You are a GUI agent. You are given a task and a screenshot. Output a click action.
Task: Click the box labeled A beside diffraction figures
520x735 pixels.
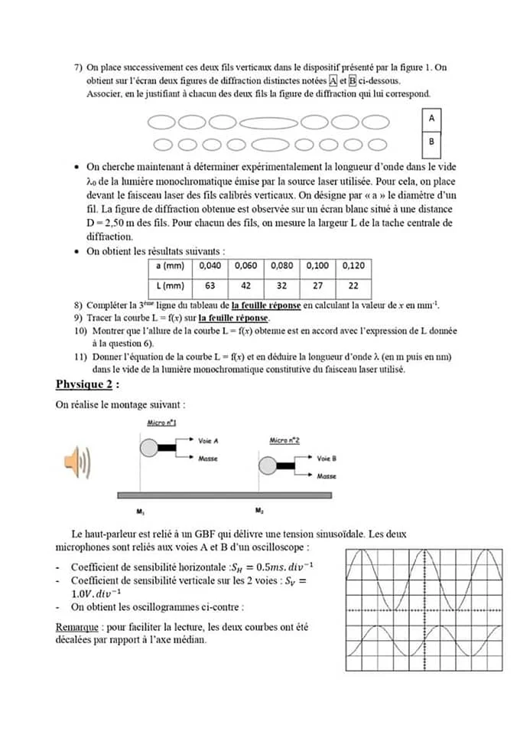[432, 119]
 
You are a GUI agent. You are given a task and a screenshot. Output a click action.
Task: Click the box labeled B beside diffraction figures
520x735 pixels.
[432, 142]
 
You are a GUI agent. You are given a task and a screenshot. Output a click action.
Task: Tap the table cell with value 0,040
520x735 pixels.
[210, 266]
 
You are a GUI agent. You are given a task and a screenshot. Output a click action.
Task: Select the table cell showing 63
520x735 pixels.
[210, 286]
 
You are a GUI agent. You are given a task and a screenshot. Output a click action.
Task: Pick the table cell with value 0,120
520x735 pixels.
[353, 266]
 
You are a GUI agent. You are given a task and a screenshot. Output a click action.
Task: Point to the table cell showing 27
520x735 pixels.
[317, 286]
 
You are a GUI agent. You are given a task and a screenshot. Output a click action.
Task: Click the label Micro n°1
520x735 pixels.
[162, 423]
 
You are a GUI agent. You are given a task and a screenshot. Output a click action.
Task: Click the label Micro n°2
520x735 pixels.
[284, 440]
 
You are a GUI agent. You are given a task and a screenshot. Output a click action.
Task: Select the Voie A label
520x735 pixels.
[208, 441]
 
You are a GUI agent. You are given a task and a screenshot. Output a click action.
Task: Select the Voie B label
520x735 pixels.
[327, 459]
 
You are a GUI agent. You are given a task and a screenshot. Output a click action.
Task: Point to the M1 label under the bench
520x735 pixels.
[141, 509]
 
